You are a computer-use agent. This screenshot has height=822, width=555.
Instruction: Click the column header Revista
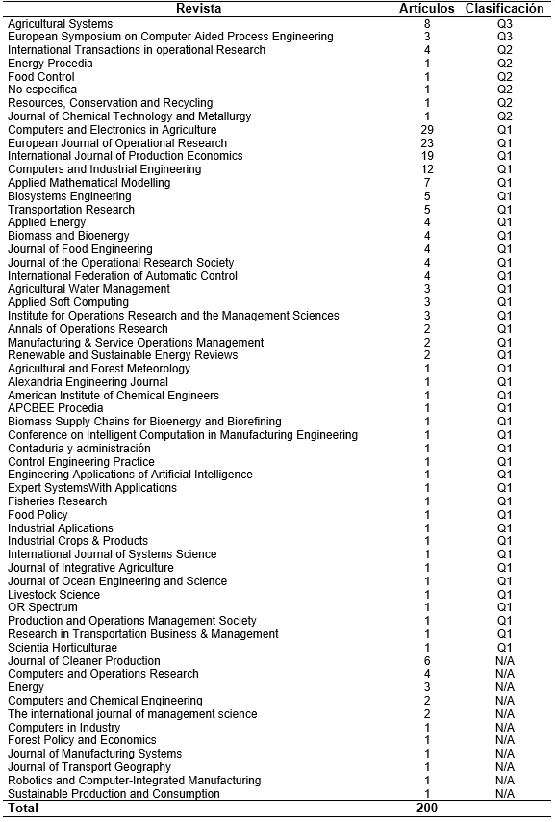coord(198,9)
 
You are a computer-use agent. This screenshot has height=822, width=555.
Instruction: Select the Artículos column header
coord(426,9)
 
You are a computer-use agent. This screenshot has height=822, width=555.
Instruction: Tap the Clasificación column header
coord(505,9)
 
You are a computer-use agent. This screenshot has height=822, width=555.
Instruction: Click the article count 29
coord(427,130)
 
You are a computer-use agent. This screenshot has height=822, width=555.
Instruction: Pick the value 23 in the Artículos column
coord(427,143)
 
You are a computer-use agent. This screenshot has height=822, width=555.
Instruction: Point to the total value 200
coord(427,809)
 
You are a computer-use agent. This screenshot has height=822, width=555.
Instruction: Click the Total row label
coord(23,809)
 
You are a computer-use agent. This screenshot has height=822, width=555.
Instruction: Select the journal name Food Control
coord(41,77)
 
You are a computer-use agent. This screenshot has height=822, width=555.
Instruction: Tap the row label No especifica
coord(42,90)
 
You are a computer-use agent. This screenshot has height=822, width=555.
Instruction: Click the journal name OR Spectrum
coord(42,607)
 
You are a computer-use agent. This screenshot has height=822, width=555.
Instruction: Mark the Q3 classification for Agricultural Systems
coord(505,24)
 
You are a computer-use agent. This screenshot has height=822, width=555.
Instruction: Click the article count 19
coord(427,156)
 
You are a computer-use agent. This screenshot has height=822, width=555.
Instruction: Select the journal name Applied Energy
coord(46,222)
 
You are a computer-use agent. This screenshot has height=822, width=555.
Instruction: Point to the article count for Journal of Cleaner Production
coord(427,661)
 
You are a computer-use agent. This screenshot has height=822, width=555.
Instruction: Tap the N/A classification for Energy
coord(505,687)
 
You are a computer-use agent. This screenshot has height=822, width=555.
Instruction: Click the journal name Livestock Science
coord(54,595)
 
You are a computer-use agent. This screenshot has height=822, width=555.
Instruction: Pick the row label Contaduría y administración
coord(79,449)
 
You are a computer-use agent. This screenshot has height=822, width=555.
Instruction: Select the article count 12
coord(427,169)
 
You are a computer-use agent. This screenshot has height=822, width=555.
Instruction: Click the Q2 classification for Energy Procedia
coord(505,64)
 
